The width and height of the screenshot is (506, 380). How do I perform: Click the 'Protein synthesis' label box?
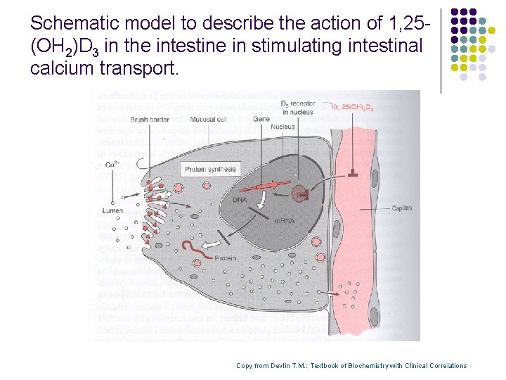coord(211,169)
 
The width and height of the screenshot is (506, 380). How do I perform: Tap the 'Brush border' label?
coord(148,120)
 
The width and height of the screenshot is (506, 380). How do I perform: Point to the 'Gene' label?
coord(261,120)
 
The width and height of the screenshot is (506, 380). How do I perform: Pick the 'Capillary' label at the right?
coord(402,208)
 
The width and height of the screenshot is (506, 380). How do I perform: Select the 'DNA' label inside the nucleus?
coord(240,200)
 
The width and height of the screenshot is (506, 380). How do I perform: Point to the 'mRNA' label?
coord(285,220)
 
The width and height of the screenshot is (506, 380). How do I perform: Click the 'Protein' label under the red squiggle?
coord(225,258)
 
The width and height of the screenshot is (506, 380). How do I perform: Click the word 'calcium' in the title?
coord(57,69)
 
